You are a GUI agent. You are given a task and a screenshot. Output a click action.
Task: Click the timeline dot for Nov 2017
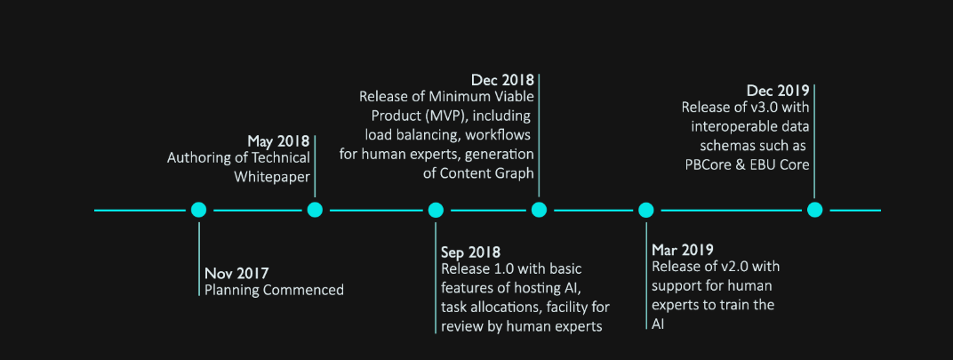point(199,210)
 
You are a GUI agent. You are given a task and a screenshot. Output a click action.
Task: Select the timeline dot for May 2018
point(314,210)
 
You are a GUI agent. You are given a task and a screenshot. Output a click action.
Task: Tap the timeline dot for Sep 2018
point(436,210)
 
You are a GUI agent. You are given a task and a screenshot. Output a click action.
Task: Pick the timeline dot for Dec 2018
point(539,210)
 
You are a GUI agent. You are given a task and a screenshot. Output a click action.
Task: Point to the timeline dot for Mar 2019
point(646,210)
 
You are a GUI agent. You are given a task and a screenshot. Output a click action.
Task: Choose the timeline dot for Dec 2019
point(815,210)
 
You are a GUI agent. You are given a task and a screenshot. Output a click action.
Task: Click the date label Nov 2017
point(236,273)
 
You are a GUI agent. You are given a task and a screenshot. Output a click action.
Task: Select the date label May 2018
point(278,141)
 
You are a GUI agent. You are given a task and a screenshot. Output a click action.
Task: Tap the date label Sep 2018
point(471,252)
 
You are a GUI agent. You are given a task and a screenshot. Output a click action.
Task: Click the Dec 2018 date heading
point(502,80)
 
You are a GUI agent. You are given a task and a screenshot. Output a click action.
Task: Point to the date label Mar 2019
point(683,250)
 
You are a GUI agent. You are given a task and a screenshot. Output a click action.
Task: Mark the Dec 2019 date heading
point(778,91)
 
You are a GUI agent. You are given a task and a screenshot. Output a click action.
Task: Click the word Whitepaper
point(272,177)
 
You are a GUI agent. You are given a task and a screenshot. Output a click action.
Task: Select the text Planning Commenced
point(274,290)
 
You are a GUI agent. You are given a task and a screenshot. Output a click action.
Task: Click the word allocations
point(502,307)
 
